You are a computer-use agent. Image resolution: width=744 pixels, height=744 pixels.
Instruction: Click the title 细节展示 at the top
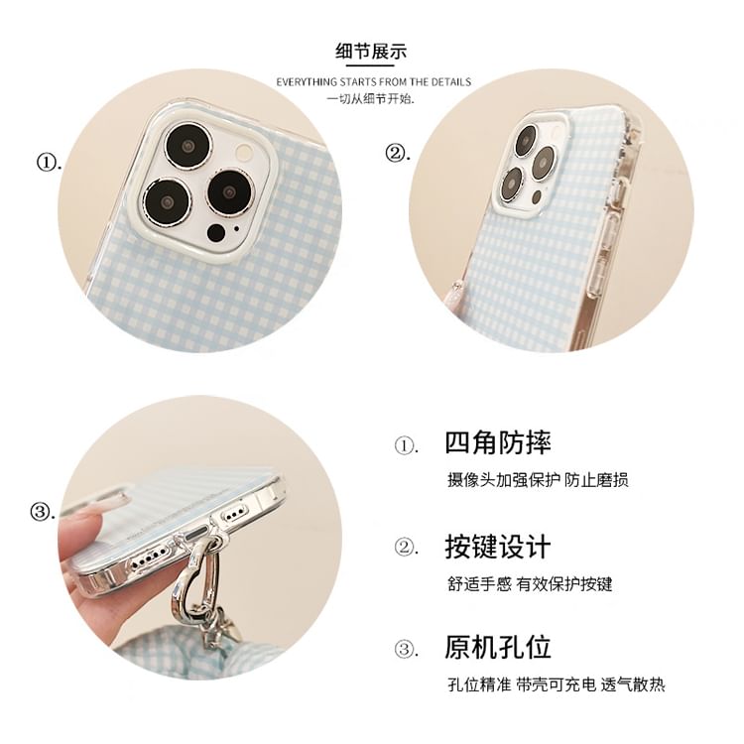372,53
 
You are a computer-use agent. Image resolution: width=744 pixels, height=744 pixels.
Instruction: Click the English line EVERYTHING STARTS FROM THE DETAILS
373,81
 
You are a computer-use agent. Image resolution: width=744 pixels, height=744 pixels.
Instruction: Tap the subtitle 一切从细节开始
371,99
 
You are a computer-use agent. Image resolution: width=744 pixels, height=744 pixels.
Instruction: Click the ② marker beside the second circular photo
398,154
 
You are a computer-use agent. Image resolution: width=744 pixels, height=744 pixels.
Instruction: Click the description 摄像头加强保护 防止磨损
538,480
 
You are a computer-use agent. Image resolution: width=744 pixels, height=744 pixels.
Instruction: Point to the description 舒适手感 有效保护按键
530,583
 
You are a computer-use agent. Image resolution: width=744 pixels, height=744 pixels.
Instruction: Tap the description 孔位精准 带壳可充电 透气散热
556,684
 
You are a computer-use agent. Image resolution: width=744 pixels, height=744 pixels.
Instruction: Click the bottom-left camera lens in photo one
167,200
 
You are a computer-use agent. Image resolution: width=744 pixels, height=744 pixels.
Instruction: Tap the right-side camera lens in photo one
230,191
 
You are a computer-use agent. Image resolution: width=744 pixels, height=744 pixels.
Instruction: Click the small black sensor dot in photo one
215,234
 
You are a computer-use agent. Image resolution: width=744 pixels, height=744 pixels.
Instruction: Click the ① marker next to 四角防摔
406,445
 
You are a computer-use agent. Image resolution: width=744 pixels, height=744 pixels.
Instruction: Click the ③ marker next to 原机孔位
406,650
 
